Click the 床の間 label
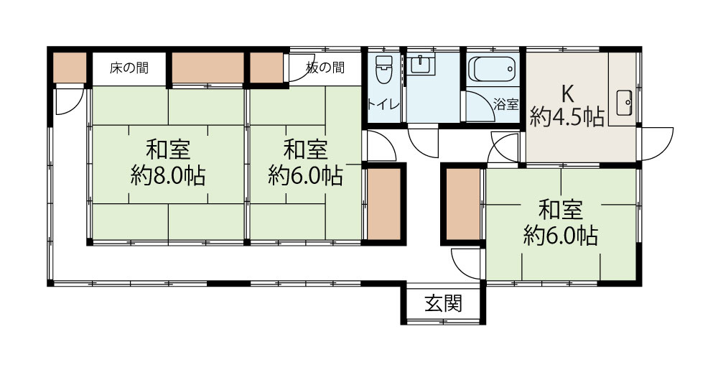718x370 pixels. (x=129, y=68)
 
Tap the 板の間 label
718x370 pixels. (x=325, y=68)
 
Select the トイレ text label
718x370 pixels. (x=384, y=103)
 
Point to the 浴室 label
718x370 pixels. (x=505, y=103)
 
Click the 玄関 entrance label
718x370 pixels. (x=442, y=303)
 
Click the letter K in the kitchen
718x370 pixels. (x=567, y=94)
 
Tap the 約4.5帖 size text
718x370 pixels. (x=567, y=118)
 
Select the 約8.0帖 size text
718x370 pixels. (x=168, y=175)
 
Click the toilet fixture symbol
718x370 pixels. (x=384, y=70)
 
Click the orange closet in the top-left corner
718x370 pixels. (x=70, y=67)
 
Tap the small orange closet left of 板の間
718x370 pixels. (x=266, y=67)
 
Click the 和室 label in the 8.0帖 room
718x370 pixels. (x=168, y=150)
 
